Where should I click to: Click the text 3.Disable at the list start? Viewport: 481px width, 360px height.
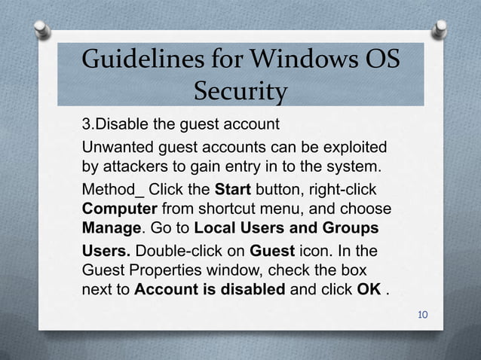[x=112, y=123]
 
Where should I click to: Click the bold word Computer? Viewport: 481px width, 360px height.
[x=117, y=207]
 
